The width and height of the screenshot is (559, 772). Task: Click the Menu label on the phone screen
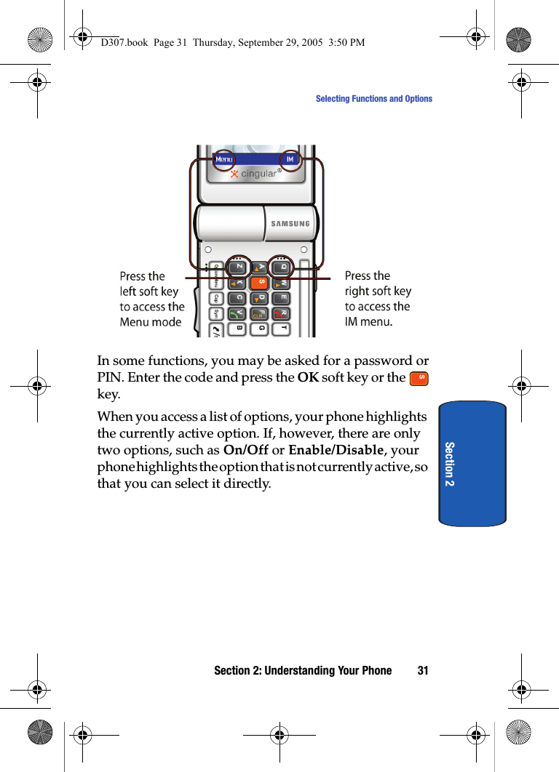224,160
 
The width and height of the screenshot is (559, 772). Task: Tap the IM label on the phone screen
290,160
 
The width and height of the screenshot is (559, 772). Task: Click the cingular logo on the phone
255,174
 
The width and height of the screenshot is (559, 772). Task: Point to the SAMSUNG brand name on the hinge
290,224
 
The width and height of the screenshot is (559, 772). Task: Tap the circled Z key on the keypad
238,267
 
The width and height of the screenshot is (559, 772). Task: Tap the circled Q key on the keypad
282,267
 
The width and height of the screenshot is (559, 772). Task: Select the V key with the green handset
237,313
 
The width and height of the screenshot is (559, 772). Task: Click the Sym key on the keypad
216,315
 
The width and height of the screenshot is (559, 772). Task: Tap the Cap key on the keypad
216,299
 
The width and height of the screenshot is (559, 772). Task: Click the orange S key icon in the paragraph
419,379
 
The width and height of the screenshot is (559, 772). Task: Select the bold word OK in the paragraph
308,378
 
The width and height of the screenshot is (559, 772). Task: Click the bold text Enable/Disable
336,450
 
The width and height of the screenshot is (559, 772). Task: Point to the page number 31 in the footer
423,671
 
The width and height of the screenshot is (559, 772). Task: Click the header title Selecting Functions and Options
373,99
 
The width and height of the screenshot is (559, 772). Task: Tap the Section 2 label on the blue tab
450,464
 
